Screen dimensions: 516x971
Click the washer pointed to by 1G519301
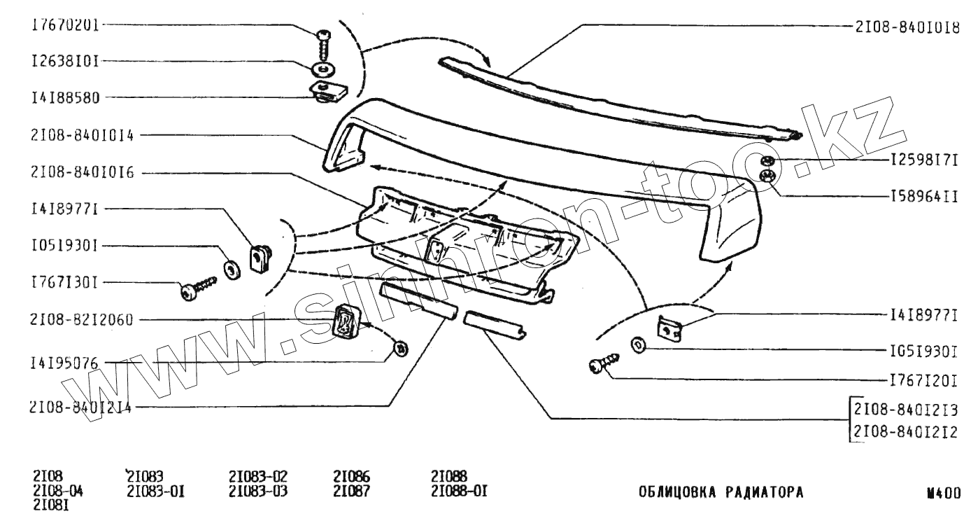639,345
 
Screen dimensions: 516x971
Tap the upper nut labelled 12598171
767,160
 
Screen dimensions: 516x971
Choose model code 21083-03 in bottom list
258,490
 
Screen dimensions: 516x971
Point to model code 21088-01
459,490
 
